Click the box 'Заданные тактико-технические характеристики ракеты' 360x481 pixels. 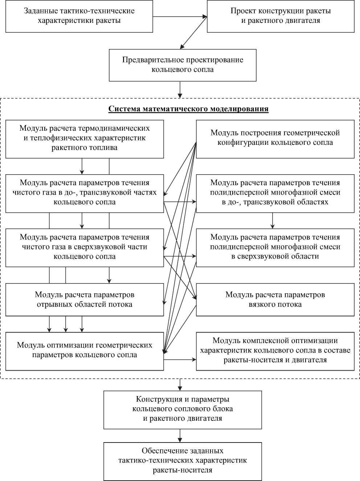coord(79,16)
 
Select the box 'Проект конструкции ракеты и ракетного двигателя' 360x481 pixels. coord(281,16)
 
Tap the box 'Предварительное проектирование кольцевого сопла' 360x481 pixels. coord(183,65)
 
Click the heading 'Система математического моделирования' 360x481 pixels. coord(188,109)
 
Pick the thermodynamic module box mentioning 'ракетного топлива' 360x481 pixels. coord(85,138)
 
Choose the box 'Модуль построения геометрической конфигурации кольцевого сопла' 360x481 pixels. coord(275,138)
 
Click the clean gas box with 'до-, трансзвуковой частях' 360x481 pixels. coord(85,193)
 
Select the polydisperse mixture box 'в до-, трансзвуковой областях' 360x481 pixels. coord(275,193)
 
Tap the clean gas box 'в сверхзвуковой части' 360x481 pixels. coord(85,247)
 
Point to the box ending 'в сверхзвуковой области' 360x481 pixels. coord(275,247)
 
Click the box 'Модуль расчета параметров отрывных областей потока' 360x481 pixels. coord(85,299)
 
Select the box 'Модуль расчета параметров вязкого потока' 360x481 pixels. coord(275,299)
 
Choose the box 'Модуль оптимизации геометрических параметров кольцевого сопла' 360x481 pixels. coord(85,350)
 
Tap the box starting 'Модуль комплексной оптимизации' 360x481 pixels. coord(275,351)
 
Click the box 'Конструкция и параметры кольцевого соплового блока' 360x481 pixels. coord(183,409)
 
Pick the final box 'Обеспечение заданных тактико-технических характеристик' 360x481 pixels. coord(183,461)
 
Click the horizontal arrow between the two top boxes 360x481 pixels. coord(180,16)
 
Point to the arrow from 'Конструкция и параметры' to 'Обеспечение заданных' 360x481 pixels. coord(180,435)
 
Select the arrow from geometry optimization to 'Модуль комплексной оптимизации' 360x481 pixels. coord(180,360)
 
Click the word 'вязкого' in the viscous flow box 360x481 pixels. coord(263,304)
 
